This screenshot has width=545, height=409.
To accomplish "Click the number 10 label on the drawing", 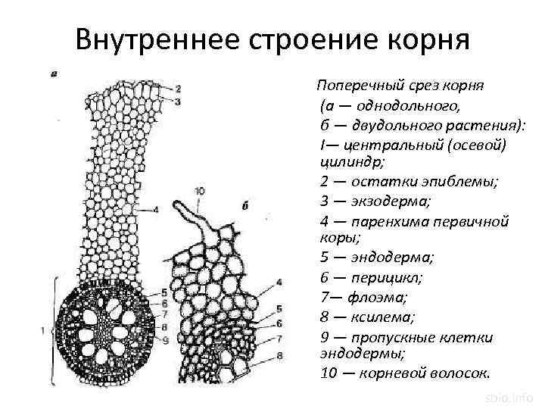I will click(199, 191).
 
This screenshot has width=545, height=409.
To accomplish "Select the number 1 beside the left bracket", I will click(44, 330).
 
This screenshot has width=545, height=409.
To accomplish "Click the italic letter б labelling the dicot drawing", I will click(246, 205).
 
